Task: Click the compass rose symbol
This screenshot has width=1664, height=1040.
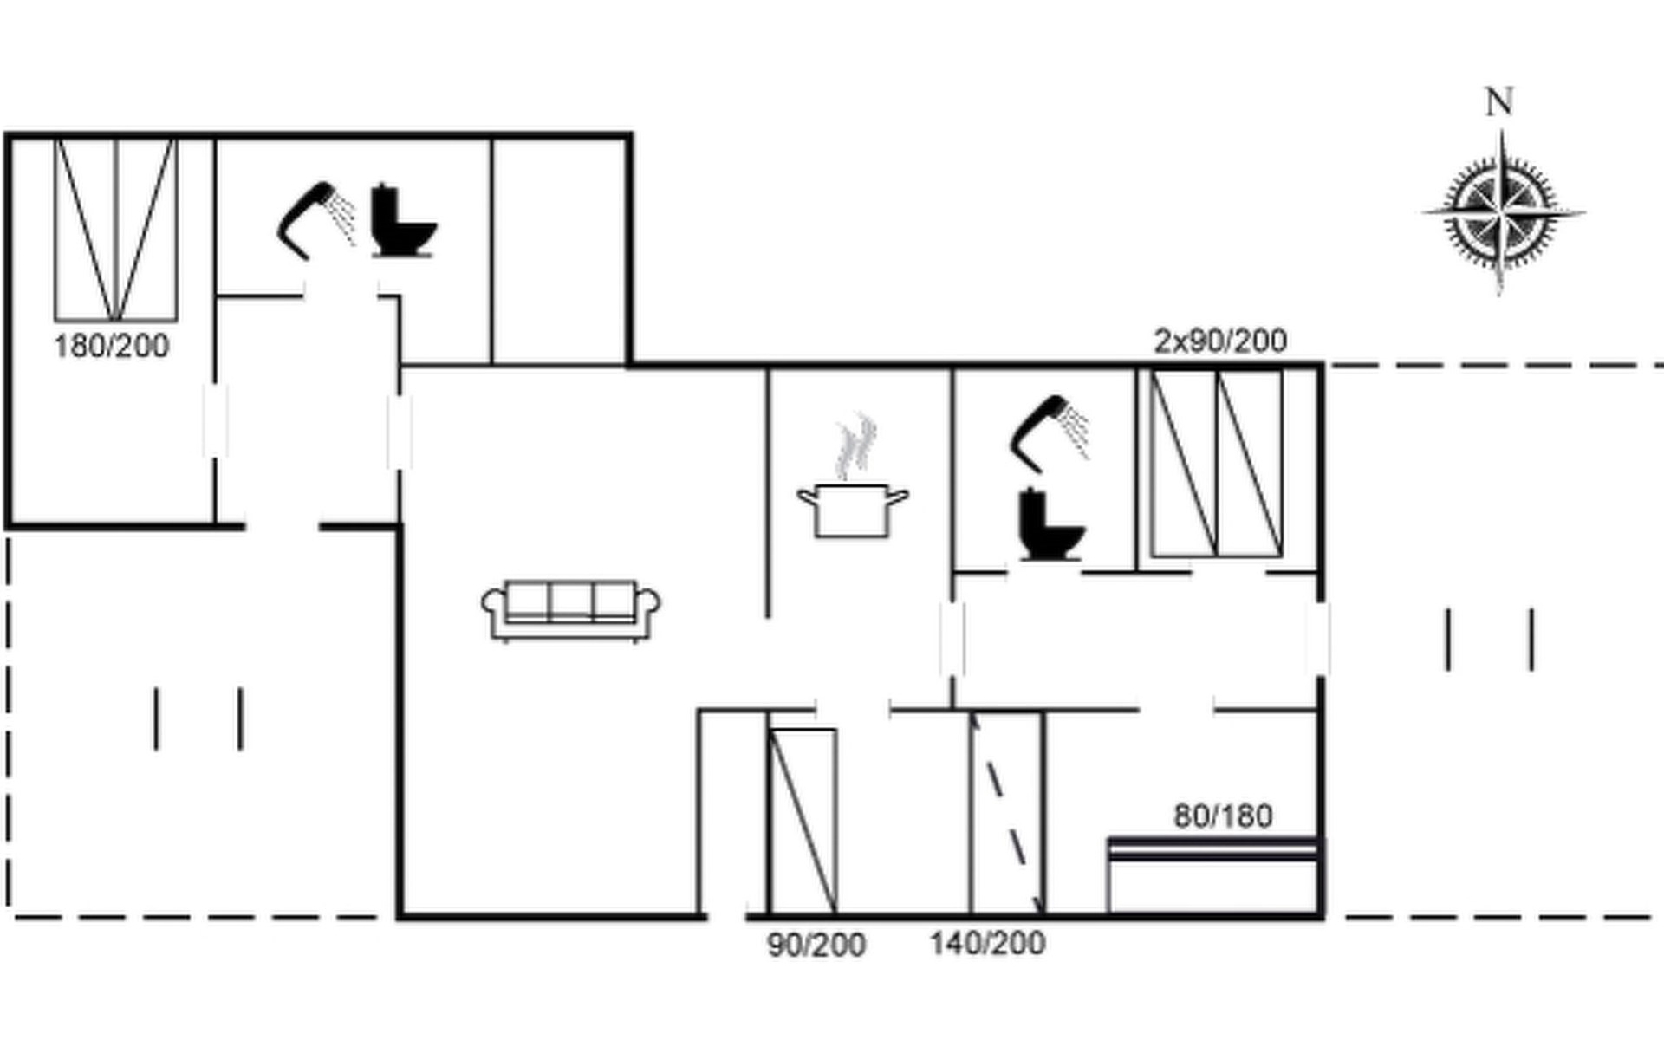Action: [1502, 212]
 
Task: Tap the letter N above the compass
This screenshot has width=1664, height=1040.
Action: [1499, 101]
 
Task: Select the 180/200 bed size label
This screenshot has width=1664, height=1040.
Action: [111, 347]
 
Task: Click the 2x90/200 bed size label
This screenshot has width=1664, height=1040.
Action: [1220, 341]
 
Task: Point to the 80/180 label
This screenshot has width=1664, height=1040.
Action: [1223, 816]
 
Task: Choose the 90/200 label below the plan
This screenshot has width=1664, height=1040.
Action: [816, 945]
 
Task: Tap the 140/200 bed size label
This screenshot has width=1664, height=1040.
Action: [987, 943]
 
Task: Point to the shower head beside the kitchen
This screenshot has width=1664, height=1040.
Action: [1050, 433]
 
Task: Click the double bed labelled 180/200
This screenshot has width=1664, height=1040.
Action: [116, 230]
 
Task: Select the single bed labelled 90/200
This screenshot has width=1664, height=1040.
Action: [803, 822]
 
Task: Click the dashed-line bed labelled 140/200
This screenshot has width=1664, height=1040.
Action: [1006, 813]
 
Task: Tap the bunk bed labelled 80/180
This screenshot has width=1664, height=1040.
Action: [1214, 875]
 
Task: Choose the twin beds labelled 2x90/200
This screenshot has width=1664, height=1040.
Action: [1217, 464]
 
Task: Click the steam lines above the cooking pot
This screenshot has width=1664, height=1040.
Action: [856, 447]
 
